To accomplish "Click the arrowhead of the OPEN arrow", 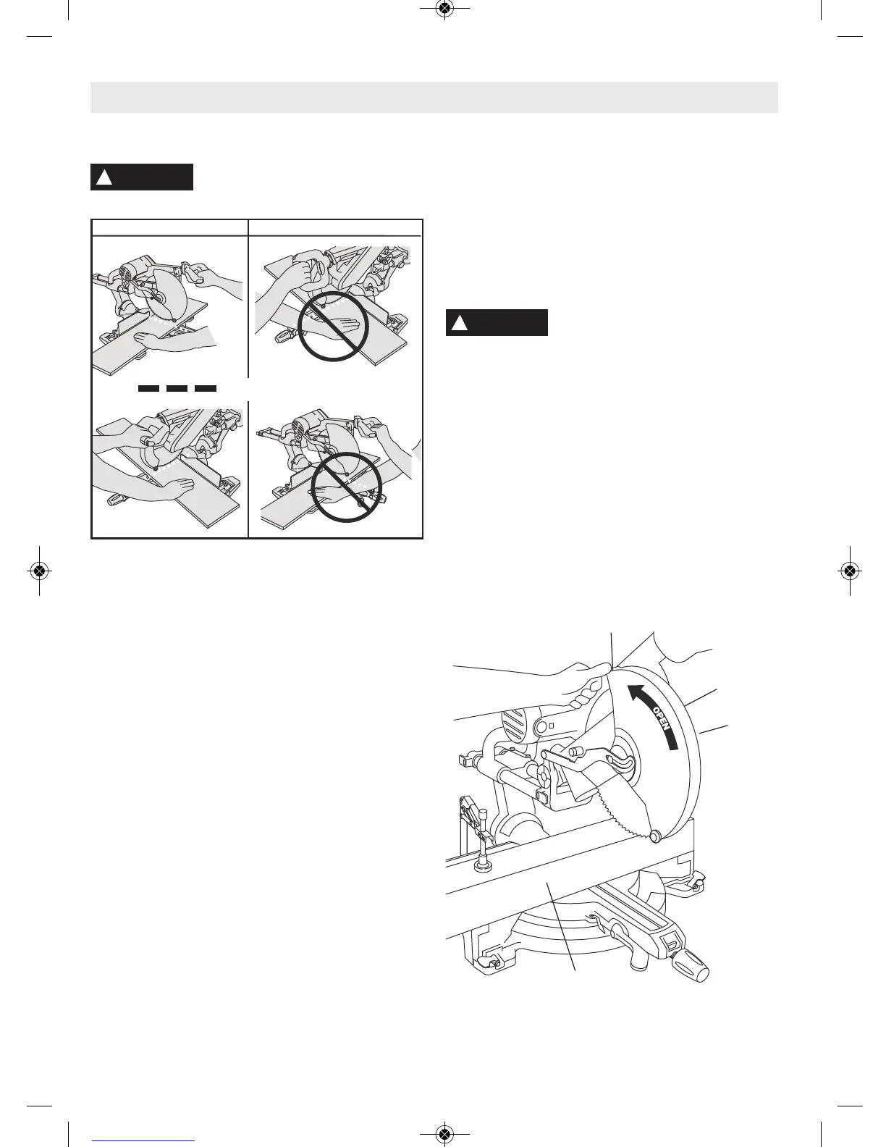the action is [x=636, y=693].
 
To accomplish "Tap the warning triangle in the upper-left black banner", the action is [x=104, y=177].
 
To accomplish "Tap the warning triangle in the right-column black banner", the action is [x=459, y=323].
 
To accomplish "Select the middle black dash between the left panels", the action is [x=177, y=389].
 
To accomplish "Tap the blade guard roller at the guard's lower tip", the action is [x=656, y=836].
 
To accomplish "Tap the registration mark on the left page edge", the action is [x=39, y=571].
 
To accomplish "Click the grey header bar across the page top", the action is [x=434, y=97].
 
